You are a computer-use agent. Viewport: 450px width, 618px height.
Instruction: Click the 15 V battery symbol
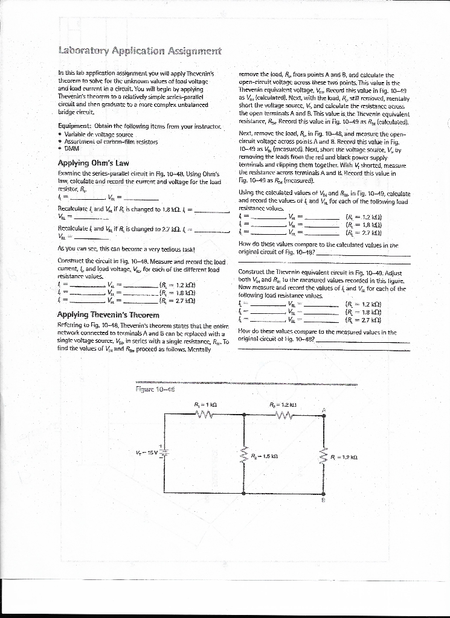pos(164,453)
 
